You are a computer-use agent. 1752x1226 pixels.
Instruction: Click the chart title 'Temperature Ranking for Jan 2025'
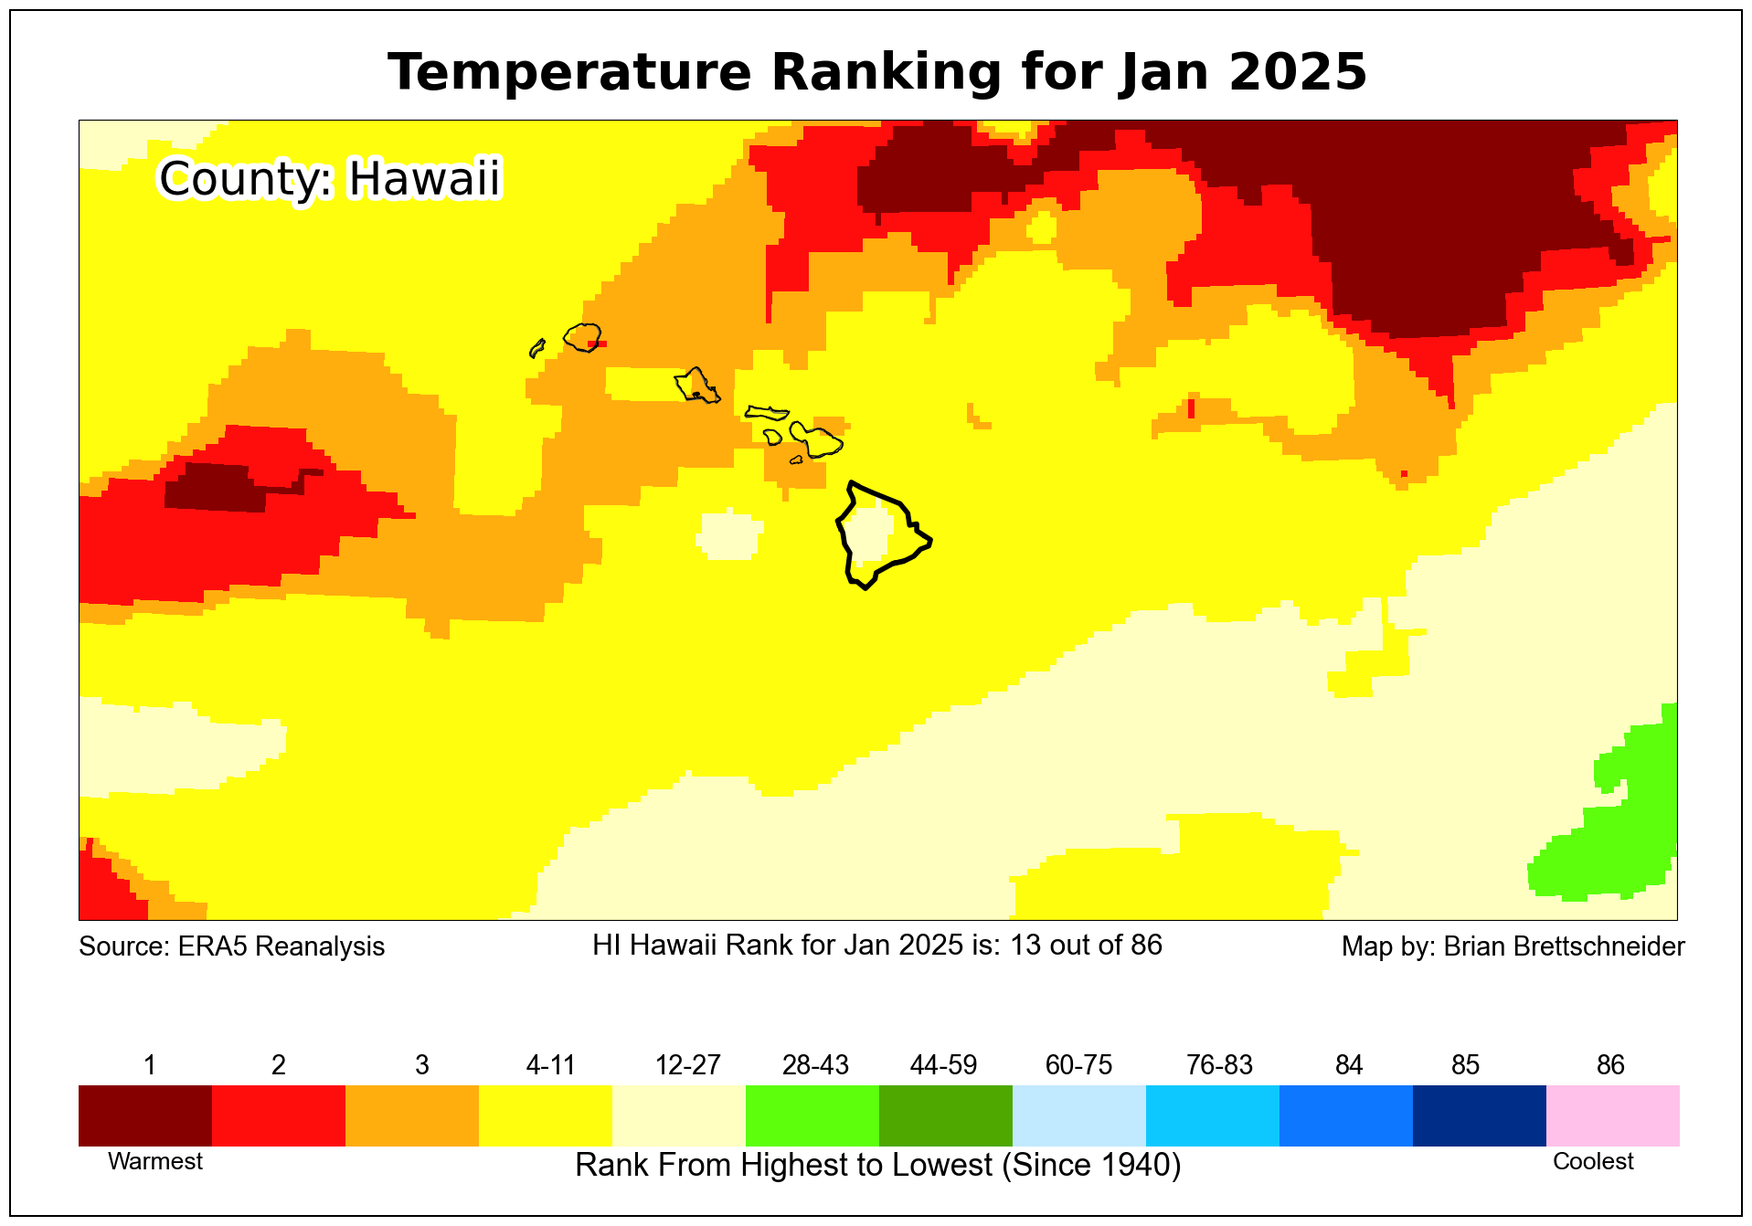876,72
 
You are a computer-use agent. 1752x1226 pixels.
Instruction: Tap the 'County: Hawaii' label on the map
330,178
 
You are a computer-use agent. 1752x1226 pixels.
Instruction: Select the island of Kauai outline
582,337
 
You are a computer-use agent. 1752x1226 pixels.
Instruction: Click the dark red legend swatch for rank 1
145,1115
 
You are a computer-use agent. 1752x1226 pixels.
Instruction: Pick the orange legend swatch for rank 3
412,1115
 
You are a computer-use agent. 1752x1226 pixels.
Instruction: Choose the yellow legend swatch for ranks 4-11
546,1115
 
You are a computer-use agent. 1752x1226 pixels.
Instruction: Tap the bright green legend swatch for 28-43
812,1115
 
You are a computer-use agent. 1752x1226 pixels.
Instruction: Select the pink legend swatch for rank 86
1613,1115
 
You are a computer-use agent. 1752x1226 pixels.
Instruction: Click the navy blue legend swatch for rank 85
1480,1115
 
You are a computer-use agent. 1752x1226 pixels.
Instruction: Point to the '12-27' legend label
687,1065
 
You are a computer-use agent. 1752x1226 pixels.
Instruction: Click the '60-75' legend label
1078,1065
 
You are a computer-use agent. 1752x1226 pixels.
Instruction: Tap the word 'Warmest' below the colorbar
155,1161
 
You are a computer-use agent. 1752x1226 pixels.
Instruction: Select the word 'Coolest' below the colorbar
1593,1161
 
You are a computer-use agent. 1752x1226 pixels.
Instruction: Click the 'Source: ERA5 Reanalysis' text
231,946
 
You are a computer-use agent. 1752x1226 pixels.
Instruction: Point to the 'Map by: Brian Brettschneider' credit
1513,946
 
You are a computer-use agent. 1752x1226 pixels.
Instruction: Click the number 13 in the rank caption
1025,945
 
